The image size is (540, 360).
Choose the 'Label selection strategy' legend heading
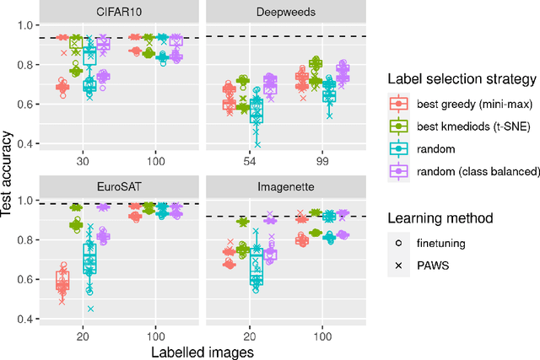coord(460,79)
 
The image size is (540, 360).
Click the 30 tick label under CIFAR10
coord(82,163)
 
